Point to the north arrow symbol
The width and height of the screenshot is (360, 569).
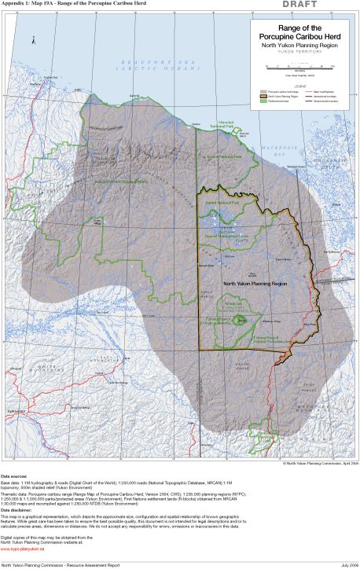click(32, 39)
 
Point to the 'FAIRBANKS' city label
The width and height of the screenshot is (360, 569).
click(14, 411)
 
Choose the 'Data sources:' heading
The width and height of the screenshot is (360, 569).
click(13, 476)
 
